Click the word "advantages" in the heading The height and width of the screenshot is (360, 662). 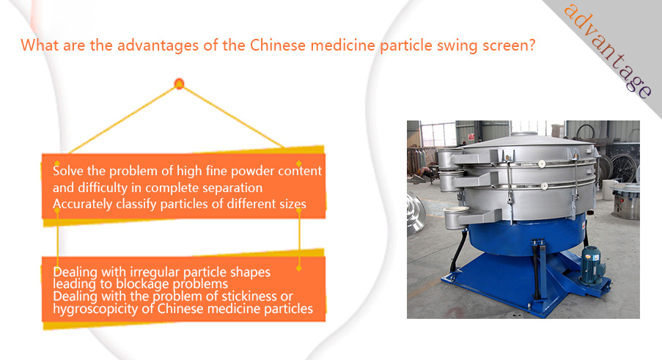[158, 45]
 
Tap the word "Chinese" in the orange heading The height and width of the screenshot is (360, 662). [277, 45]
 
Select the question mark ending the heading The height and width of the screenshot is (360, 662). [532, 45]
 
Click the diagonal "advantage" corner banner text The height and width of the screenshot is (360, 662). [608, 51]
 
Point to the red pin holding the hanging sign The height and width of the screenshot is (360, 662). [179, 84]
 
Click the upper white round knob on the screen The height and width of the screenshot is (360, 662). [542, 164]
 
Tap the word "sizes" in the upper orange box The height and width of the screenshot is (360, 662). [293, 205]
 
